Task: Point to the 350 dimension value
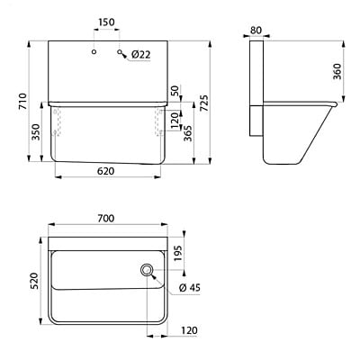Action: click(x=35, y=131)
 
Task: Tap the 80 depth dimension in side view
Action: click(x=256, y=30)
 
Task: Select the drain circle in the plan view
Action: click(x=146, y=270)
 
